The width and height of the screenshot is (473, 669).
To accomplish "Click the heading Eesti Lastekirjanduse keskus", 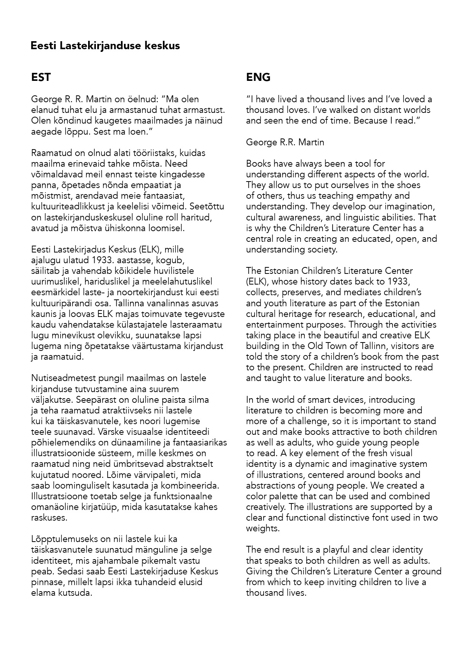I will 105,46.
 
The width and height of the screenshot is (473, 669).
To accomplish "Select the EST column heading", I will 41,77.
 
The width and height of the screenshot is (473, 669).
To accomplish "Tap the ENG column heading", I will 258,77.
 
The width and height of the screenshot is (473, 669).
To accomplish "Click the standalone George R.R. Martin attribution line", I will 285,143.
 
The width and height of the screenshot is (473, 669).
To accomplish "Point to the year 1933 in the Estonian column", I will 102,261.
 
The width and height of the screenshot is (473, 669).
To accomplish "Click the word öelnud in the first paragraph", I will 141,100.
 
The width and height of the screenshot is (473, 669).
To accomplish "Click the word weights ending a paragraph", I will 262,529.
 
